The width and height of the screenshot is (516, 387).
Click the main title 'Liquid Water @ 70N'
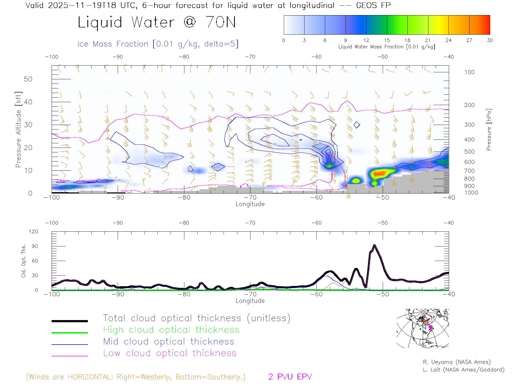click(157, 22)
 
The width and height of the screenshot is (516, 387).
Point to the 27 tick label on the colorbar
click(469, 40)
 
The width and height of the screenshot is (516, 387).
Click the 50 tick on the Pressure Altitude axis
click(28, 79)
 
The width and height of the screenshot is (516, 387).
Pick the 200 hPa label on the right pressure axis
click(469, 105)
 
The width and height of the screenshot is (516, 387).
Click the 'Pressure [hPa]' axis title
click(489, 130)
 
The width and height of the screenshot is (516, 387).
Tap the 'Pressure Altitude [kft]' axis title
click(18, 130)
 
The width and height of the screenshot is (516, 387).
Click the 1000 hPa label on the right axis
click(471, 193)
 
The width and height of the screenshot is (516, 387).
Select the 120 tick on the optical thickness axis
click(34, 232)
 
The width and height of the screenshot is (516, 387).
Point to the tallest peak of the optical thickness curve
click(375, 245)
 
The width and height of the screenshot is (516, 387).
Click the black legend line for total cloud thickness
click(70, 321)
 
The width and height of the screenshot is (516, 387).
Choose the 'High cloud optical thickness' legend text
click(171, 330)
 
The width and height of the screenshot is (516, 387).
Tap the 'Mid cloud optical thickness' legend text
click(169, 342)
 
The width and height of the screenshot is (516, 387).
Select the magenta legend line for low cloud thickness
click(70, 356)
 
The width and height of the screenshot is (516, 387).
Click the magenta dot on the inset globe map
click(431, 327)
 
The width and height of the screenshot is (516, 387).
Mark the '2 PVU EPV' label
click(290, 377)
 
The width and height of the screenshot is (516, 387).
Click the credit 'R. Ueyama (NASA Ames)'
click(457, 362)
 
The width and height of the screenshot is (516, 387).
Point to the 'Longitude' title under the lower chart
click(250, 301)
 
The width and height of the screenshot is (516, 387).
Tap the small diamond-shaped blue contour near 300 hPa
click(357, 125)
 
